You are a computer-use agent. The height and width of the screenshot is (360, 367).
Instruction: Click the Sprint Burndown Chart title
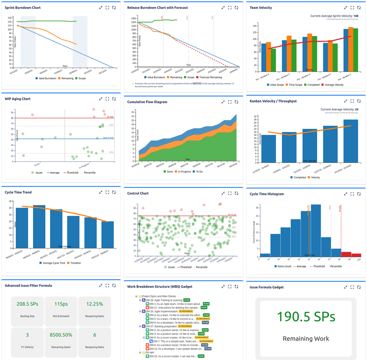pos(23,7)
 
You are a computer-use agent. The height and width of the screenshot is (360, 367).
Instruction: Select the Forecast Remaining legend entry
pos(210,77)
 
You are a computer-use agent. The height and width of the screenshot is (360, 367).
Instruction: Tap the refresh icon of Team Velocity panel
pos(359,7)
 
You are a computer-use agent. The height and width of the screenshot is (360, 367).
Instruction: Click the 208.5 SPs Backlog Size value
pos(28,304)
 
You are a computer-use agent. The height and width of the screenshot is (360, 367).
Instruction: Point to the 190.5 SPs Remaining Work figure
pos(306,316)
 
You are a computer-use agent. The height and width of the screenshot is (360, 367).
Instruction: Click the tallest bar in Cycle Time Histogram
pos(316,230)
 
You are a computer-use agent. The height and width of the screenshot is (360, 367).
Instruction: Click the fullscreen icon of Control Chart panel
pos(230,193)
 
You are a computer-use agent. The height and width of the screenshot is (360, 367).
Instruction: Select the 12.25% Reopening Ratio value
pos(94,304)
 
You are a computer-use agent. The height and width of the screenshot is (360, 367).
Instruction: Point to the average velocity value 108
pos(356,16)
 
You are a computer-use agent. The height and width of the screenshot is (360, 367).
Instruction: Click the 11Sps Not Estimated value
pos(61,304)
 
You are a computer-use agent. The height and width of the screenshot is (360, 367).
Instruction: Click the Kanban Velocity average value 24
pos(356,109)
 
